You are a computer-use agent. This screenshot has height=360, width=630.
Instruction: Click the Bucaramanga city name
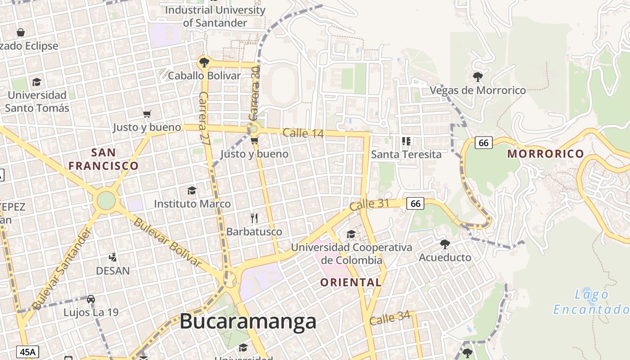point(248,322)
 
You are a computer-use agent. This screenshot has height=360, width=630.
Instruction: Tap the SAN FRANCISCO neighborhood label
point(103,159)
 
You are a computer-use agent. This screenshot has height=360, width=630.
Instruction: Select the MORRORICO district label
point(545,154)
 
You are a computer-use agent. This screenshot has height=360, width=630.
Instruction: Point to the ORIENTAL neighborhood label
point(351,283)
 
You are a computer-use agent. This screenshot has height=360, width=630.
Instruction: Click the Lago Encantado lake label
point(591,302)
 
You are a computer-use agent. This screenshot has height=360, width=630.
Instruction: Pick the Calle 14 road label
point(303,133)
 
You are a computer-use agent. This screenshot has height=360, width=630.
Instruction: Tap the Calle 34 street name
point(390,318)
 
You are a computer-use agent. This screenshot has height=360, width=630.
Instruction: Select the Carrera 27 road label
point(205,118)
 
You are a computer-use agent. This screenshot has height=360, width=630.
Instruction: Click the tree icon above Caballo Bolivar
point(204,62)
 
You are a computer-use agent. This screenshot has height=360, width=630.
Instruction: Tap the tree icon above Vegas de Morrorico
point(478,76)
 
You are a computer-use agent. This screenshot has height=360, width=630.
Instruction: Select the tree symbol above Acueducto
point(445,244)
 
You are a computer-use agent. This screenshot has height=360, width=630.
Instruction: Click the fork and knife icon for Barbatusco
point(254,219)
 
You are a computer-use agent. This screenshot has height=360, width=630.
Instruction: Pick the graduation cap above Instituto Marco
point(192,190)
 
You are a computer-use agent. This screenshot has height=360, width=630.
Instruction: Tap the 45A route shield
point(27,351)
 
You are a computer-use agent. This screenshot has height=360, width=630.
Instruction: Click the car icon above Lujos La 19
point(91,299)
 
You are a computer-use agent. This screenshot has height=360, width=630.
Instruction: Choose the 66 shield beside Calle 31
point(415,203)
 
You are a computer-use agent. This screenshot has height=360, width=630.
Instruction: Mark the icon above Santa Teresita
point(406,141)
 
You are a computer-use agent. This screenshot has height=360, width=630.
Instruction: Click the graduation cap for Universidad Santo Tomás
point(36,82)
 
